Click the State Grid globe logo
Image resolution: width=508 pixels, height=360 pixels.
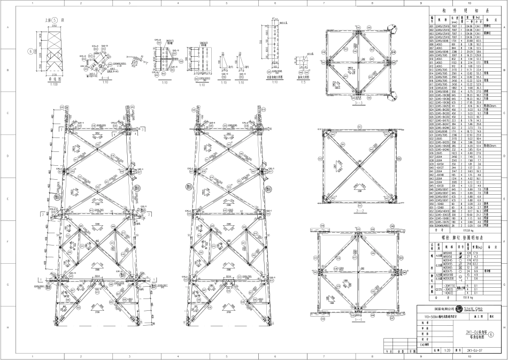(x=460, y=309)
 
